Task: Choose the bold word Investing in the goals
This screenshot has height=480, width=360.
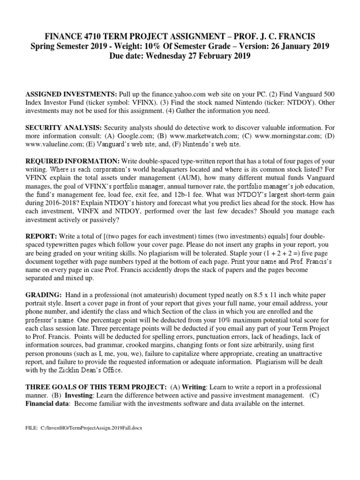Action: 80,396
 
